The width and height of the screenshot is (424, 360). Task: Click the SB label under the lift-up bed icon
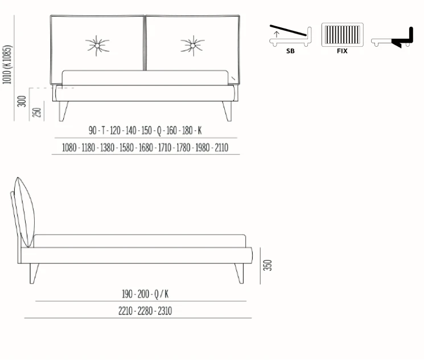coord(290,51)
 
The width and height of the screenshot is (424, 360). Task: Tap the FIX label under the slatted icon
coord(342,51)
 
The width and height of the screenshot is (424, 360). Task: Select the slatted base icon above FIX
coord(343,35)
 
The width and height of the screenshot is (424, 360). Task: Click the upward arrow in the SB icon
coord(277,34)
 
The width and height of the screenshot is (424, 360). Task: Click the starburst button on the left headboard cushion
coord(97,46)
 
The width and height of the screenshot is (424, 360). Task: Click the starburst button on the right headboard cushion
coord(193,46)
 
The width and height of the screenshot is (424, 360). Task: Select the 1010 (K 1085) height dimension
coord(7,64)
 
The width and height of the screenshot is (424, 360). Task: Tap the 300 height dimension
coord(22,101)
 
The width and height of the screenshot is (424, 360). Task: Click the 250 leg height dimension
coord(37,112)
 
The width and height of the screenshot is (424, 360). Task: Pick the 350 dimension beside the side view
coord(267,265)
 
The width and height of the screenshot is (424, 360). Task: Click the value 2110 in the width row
coord(221,148)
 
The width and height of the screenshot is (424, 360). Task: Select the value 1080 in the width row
coord(69,148)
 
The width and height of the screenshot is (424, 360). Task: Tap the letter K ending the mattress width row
coord(200,130)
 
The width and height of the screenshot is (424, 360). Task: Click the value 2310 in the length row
coord(165,311)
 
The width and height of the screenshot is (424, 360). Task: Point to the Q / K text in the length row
coord(162,294)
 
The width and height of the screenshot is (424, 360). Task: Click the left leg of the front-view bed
coord(63,111)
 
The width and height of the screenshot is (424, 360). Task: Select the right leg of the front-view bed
coord(228,111)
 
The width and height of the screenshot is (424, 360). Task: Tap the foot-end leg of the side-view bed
coord(239,273)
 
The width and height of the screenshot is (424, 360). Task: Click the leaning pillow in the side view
coord(24,212)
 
